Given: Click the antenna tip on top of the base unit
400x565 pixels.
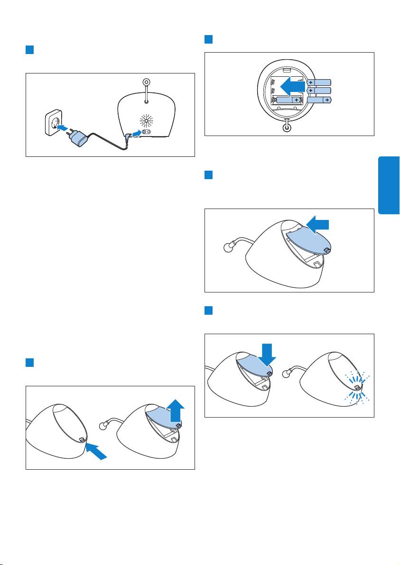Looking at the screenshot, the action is (x=146, y=82).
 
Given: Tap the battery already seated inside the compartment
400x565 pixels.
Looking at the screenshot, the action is (x=290, y=100).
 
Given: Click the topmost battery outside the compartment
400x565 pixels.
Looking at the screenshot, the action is (x=321, y=81).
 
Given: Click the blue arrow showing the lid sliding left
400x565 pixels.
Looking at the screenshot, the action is (x=318, y=223).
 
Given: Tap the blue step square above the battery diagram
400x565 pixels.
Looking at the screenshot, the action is (x=208, y=39).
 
